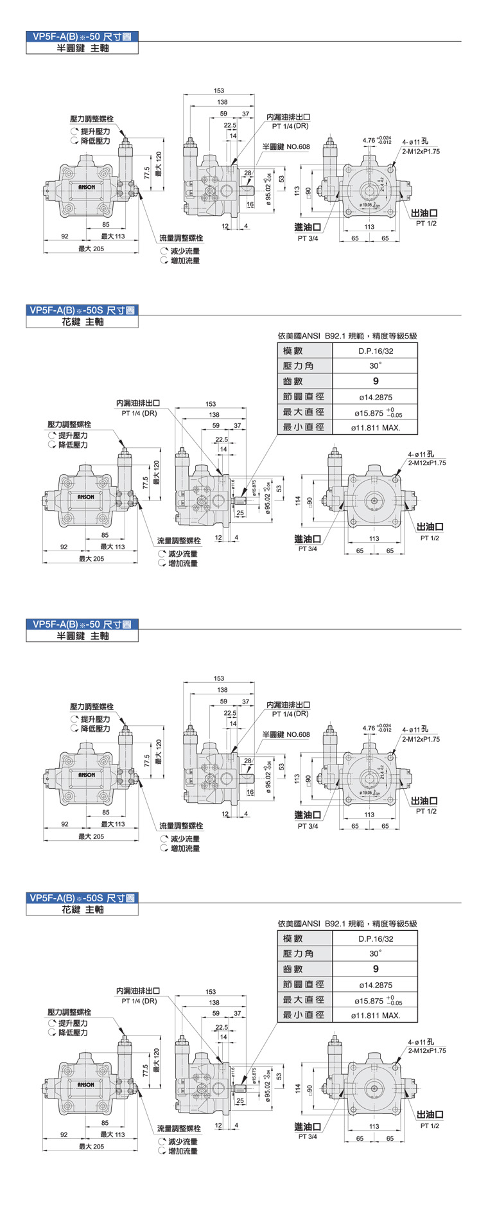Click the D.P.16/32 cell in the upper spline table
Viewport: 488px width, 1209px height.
(x=376, y=351)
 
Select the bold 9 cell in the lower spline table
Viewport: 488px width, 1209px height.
(x=376, y=969)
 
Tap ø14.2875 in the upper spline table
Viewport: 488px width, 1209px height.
(x=376, y=397)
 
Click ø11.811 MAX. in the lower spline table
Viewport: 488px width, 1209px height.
(x=376, y=1015)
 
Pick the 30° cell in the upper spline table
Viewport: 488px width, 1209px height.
(x=376, y=366)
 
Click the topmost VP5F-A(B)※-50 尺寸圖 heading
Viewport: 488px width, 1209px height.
(x=82, y=37)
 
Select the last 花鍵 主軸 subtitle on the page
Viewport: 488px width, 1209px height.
(x=82, y=910)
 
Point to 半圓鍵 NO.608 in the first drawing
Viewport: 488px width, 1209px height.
(x=286, y=147)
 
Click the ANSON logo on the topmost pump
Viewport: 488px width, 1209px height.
(x=87, y=187)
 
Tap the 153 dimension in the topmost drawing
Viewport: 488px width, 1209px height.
(x=219, y=91)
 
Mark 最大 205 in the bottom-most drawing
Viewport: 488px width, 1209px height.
(x=91, y=1146)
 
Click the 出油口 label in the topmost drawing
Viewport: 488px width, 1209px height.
(x=424, y=213)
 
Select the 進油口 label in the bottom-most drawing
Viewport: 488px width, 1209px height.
(x=308, y=1126)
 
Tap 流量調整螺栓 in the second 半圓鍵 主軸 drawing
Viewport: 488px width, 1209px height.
(x=181, y=825)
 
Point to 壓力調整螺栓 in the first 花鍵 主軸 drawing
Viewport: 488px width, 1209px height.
(x=69, y=425)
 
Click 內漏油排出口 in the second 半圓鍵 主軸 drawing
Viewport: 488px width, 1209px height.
(x=288, y=705)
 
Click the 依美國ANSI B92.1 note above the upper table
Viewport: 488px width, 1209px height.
(x=347, y=335)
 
